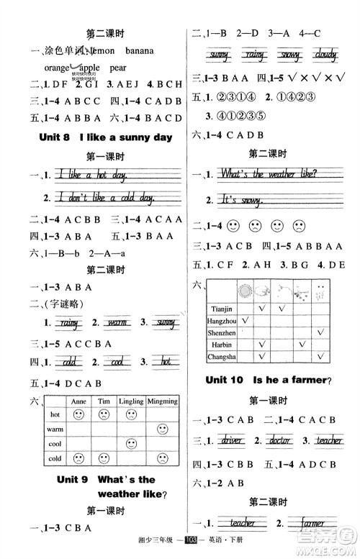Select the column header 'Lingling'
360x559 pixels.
(x=131, y=401)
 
